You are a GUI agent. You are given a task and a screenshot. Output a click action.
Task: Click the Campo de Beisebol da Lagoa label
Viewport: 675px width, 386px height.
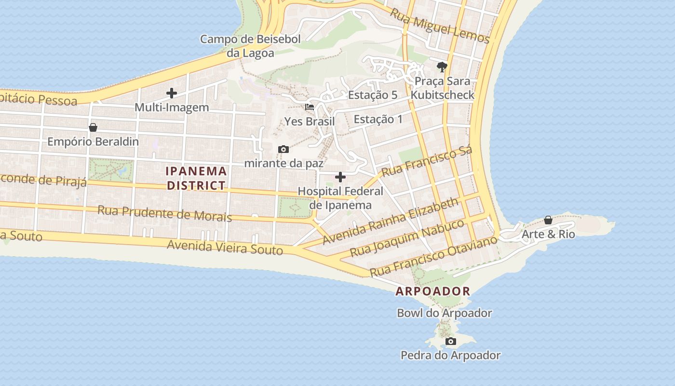click(x=250, y=46)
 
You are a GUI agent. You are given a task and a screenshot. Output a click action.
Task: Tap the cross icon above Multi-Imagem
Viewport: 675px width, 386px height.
click(x=172, y=93)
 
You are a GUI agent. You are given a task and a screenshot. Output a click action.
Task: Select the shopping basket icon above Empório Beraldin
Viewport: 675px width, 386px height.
click(x=93, y=127)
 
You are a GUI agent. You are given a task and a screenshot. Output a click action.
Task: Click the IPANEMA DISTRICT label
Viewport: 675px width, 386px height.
click(x=196, y=178)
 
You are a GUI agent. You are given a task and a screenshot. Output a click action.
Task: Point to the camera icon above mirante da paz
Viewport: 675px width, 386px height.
click(x=283, y=149)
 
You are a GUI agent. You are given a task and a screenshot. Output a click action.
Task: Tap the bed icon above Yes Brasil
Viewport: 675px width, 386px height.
click(x=310, y=107)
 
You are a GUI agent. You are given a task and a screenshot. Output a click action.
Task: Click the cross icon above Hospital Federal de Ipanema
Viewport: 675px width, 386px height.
click(x=340, y=177)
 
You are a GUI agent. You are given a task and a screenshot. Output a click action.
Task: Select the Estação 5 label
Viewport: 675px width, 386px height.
click(x=373, y=95)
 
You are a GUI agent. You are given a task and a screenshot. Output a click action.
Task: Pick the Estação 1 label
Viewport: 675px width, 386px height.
click(x=378, y=119)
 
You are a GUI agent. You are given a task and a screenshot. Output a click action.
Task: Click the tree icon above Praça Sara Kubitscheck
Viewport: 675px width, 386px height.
click(x=442, y=67)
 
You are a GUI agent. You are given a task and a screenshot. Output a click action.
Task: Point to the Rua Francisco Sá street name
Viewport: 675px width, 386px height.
click(x=426, y=162)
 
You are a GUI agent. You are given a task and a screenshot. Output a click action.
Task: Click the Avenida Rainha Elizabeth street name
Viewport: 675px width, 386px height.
click(x=391, y=221)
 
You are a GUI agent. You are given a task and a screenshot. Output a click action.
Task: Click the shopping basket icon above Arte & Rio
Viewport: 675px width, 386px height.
click(x=548, y=220)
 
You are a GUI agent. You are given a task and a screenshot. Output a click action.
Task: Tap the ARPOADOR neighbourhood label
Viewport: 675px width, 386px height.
click(x=433, y=291)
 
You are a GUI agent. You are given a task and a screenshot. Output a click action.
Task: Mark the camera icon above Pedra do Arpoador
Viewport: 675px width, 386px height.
click(x=451, y=342)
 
